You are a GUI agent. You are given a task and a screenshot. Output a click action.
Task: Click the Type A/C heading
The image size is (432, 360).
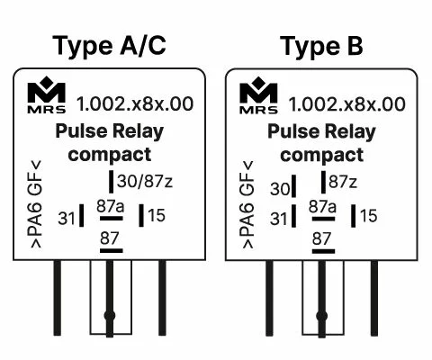109,46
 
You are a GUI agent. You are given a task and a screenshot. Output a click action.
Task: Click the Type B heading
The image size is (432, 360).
321,46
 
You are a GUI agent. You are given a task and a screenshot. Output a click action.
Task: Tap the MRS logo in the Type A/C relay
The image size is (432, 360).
47,94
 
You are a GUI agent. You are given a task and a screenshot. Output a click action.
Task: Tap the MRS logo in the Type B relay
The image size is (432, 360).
258,95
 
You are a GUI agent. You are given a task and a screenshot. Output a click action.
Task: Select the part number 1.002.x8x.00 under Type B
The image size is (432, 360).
346,104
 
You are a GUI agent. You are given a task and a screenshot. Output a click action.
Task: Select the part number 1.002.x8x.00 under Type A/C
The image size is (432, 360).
135,103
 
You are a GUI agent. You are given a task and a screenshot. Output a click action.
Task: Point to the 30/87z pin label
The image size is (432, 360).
145,181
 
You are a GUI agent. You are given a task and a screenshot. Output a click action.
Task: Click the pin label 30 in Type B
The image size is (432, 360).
280,189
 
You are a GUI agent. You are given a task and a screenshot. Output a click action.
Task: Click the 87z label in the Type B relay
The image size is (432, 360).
343,182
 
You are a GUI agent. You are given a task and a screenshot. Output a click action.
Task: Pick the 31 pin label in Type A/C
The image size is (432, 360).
67,218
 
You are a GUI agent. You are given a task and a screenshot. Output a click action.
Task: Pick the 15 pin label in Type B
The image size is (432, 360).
369,216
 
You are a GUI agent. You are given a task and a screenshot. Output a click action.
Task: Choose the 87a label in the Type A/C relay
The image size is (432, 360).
111,206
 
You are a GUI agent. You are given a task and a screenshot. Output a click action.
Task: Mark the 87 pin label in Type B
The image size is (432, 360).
321,238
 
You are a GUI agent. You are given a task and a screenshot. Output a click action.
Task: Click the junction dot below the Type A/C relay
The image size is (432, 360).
110,316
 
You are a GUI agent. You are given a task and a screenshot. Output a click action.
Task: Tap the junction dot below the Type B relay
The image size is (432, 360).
322,316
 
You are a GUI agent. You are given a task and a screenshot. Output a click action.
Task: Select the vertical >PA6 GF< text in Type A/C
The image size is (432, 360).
35,204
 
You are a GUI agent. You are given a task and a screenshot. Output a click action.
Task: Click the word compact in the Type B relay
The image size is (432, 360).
322,155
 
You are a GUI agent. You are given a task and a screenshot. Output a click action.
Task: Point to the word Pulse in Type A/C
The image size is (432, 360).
81,131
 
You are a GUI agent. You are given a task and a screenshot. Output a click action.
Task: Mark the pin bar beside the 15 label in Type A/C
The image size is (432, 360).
141,215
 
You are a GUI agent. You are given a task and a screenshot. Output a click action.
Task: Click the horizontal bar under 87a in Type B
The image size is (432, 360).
323,219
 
